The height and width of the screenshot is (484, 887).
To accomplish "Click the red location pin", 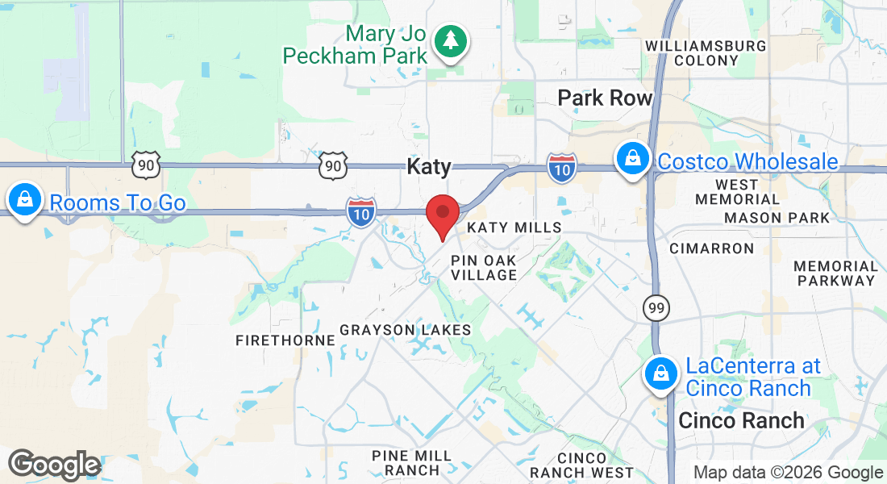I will [442, 214].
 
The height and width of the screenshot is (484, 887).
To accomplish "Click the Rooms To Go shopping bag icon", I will [25, 199].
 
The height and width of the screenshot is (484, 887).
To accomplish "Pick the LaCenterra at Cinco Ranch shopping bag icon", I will [660, 373].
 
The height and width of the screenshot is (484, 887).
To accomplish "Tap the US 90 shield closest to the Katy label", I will [332, 165].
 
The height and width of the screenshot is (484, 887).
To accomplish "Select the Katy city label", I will [429, 167].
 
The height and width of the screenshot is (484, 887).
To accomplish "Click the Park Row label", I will [605, 98].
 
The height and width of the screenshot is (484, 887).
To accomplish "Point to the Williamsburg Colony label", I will [706, 53].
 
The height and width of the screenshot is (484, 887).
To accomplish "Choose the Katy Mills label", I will [514, 227].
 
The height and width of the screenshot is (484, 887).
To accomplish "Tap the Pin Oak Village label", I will [484, 268].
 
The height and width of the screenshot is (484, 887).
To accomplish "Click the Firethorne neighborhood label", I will [285, 340].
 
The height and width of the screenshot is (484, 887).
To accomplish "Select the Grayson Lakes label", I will [405, 330].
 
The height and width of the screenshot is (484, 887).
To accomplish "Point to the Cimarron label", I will [711, 248].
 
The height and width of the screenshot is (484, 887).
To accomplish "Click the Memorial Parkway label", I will [835, 273].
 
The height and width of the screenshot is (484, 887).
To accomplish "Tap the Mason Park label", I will [777, 218].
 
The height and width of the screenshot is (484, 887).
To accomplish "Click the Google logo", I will [54, 465].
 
